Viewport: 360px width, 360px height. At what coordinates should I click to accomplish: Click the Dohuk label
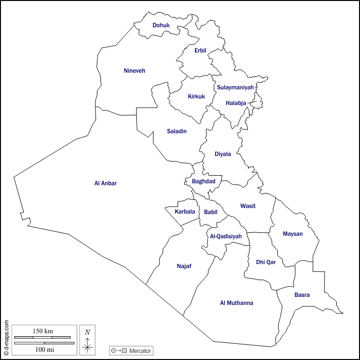coord(161,25)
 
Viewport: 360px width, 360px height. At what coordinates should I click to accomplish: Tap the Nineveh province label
coord(134,71)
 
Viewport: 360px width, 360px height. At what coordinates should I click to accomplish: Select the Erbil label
coord(200,50)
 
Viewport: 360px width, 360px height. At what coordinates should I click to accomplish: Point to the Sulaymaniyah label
coord(235,87)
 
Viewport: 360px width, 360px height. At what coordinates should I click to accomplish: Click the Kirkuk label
coord(196,96)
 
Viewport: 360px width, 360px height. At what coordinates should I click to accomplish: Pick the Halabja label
coord(236,103)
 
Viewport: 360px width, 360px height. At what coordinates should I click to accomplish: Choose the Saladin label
coord(177,131)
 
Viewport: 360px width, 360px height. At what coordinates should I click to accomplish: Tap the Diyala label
coord(223,154)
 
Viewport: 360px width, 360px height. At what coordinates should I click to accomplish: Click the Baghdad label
coord(203,181)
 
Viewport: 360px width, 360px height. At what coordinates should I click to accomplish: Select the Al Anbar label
coord(106,183)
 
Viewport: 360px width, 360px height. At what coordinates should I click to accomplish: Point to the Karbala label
coord(185,212)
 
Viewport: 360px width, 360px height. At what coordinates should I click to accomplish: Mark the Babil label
coord(211,212)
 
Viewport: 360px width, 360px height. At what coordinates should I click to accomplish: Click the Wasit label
coord(247,206)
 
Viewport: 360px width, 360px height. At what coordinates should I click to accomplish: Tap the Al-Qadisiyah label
coord(226,236)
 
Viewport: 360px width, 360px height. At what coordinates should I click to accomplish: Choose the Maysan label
coord(293,234)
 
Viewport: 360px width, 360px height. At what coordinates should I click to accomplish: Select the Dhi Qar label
coord(266,262)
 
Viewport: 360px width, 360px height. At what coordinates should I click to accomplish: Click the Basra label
coord(302,295)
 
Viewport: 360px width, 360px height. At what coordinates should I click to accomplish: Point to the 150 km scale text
coord(43,331)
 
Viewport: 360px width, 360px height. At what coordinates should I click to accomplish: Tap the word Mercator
coord(140,350)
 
